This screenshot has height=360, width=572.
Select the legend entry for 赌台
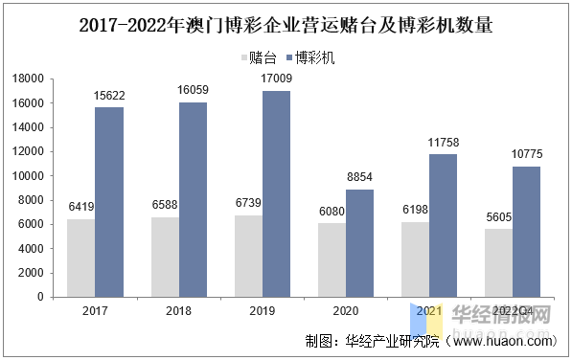(x=262, y=57)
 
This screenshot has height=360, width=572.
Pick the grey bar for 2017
(x=80, y=258)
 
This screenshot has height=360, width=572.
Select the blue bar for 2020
(x=359, y=243)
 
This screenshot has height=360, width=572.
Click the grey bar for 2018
(x=164, y=257)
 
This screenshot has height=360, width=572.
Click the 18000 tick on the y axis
(x=32, y=79)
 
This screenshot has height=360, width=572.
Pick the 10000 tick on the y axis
(x=32, y=175)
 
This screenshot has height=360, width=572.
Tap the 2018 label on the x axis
(x=178, y=311)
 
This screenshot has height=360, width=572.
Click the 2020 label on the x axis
(x=345, y=311)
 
